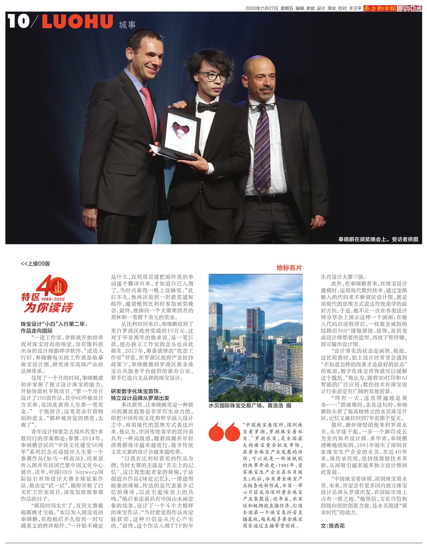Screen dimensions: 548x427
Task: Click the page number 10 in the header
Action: click(18, 21)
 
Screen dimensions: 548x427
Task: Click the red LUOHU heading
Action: click(77, 22)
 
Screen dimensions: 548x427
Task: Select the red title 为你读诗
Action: click(48, 308)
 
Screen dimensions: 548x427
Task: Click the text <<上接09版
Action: click(35, 264)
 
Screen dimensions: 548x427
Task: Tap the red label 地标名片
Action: click(289, 268)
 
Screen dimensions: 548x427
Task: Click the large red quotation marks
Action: click(224, 432)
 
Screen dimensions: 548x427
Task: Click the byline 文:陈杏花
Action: click(333, 526)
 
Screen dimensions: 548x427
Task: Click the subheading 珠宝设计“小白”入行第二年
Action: click(54, 324)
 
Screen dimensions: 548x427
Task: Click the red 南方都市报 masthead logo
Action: click(379, 8)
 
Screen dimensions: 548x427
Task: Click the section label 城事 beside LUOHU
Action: click(127, 25)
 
